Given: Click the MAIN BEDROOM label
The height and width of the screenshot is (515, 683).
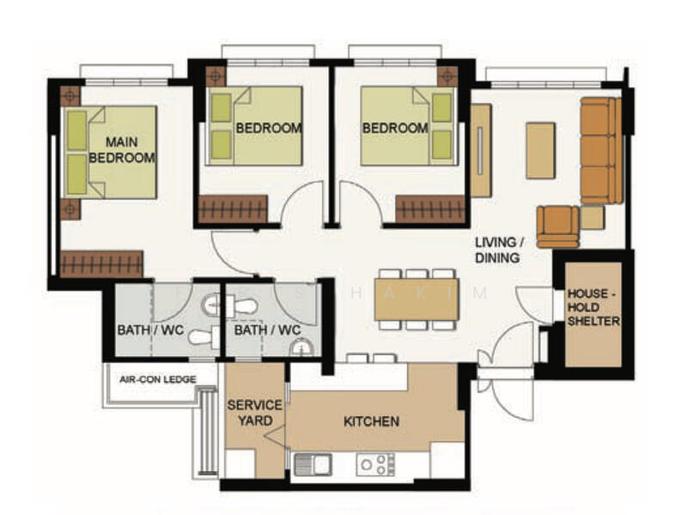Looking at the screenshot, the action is click(122, 149).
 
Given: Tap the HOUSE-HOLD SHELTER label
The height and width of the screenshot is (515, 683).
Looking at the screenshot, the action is click(594, 307).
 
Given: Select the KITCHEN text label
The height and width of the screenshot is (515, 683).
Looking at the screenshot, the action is click(371, 421).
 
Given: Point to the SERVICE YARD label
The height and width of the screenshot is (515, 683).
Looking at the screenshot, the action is click(255, 413).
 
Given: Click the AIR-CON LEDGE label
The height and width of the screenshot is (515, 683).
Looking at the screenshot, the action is click(158, 379).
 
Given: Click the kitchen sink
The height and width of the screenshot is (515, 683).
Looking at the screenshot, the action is click(313, 464).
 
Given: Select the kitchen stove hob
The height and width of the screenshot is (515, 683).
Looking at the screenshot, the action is click(375, 464).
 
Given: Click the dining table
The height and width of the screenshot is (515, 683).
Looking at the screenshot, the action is click(417, 299).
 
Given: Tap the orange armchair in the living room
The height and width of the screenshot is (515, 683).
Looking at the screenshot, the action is click(558, 227).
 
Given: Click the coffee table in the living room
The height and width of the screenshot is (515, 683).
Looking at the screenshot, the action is click(540, 150).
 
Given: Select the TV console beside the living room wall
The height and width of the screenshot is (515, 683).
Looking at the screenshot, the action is click(481, 150).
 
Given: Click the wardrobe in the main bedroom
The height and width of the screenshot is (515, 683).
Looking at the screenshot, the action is click(102, 264).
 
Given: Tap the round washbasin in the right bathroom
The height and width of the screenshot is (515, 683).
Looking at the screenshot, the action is click(302, 348).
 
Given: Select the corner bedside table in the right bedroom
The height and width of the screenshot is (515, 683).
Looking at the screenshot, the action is click(448, 76).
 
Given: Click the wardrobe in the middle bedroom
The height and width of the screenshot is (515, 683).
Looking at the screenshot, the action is click(233, 209).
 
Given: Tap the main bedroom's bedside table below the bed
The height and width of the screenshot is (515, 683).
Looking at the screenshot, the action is click(70, 209).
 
